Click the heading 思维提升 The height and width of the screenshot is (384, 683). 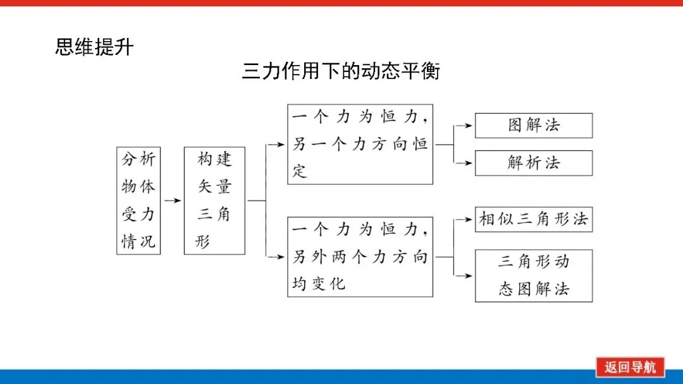click(x=94, y=47)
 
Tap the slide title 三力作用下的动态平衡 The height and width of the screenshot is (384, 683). click(x=340, y=71)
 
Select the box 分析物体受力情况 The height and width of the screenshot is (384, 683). click(x=138, y=200)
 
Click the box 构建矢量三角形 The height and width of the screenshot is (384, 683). click(x=214, y=200)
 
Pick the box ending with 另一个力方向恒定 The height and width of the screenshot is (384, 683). click(x=360, y=144)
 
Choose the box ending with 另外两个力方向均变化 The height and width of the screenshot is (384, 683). click(x=360, y=256)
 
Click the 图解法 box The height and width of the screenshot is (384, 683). click(x=534, y=126)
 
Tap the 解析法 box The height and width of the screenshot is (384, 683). click(x=534, y=163)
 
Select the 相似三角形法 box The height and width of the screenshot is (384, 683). click(x=534, y=219)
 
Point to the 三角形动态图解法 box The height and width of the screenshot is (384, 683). click(x=534, y=275)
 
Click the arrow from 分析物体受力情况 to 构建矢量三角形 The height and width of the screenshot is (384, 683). click(x=172, y=200)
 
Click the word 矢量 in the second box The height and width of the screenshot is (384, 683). click(x=214, y=186)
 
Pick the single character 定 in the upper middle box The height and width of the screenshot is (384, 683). click(x=300, y=171)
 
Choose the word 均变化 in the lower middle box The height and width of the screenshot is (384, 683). click(x=319, y=284)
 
